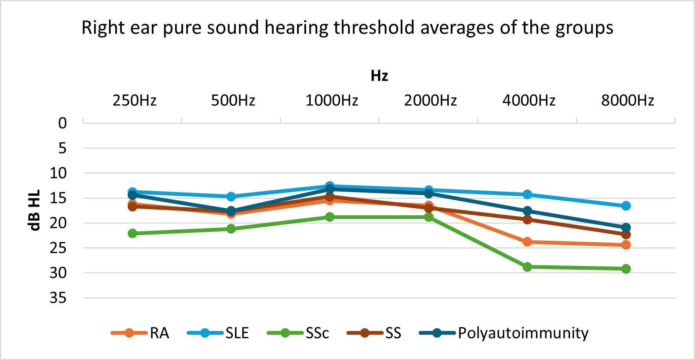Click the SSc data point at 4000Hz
click(527, 267)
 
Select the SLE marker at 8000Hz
click(626, 206)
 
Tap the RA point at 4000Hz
click(527, 242)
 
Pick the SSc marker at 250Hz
click(133, 233)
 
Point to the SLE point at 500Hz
click(231, 197)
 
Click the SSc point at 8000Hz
click(626, 269)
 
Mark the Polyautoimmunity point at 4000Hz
click(527, 211)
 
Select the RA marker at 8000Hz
click(626, 245)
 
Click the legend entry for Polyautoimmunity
click(523, 333)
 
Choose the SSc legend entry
click(317, 333)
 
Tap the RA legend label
click(159, 333)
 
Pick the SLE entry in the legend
click(237, 333)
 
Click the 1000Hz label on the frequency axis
click(332, 101)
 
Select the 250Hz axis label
click(135, 101)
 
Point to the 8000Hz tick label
click(628, 101)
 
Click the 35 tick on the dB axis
click(58, 298)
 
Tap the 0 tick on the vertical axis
click(62, 123)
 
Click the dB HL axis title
click(34, 210)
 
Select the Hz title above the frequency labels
click(379, 76)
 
